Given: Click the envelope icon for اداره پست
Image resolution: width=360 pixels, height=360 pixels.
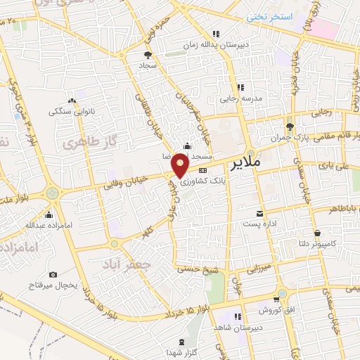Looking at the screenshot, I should click(x=259, y=213).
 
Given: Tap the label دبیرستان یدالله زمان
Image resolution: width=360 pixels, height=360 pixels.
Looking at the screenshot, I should click(x=235, y=43).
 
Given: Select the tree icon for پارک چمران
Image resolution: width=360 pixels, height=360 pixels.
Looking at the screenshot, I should click(x=290, y=127).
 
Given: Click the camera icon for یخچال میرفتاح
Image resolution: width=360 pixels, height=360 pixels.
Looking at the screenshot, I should click(x=53, y=275).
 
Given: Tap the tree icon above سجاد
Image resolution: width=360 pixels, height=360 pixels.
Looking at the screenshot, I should click(x=147, y=54).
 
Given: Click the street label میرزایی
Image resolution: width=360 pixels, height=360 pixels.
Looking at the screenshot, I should click(x=258, y=268).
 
